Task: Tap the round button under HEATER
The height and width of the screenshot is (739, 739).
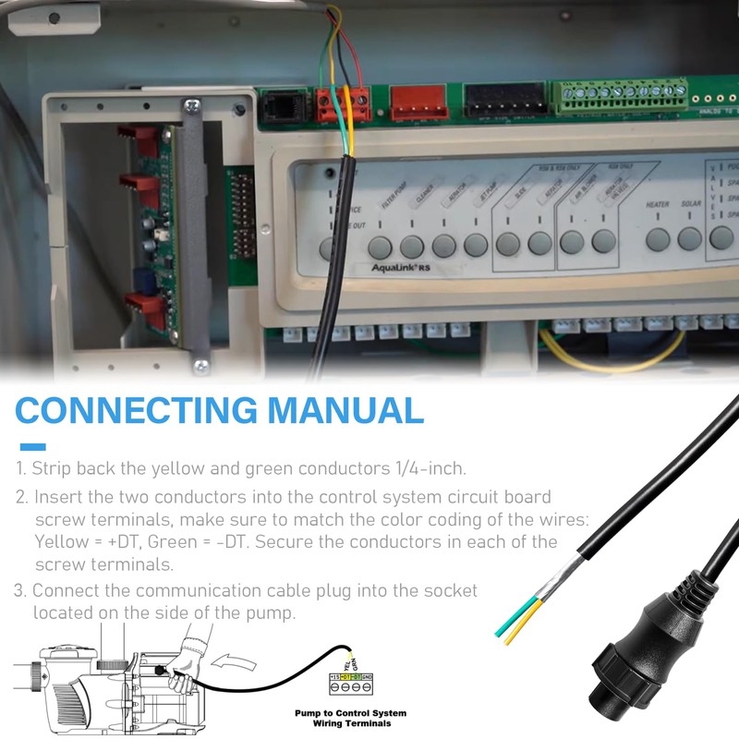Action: (658, 239)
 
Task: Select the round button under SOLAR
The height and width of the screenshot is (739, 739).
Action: (690, 239)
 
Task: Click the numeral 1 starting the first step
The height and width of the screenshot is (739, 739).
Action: (20, 467)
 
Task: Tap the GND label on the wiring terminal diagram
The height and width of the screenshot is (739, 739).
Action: (367, 677)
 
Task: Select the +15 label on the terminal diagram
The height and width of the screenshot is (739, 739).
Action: (334, 677)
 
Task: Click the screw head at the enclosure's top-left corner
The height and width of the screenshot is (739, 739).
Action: (54, 18)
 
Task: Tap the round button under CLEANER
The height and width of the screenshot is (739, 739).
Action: (412, 247)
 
